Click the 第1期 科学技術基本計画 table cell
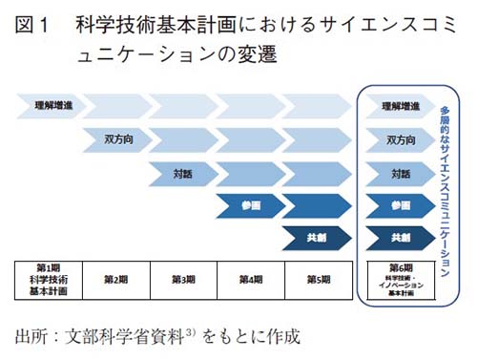48,280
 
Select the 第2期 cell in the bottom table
114,280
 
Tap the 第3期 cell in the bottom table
183,280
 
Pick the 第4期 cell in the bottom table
251,280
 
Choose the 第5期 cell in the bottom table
319,280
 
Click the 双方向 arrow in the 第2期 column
117,139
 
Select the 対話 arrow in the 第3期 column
183,173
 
